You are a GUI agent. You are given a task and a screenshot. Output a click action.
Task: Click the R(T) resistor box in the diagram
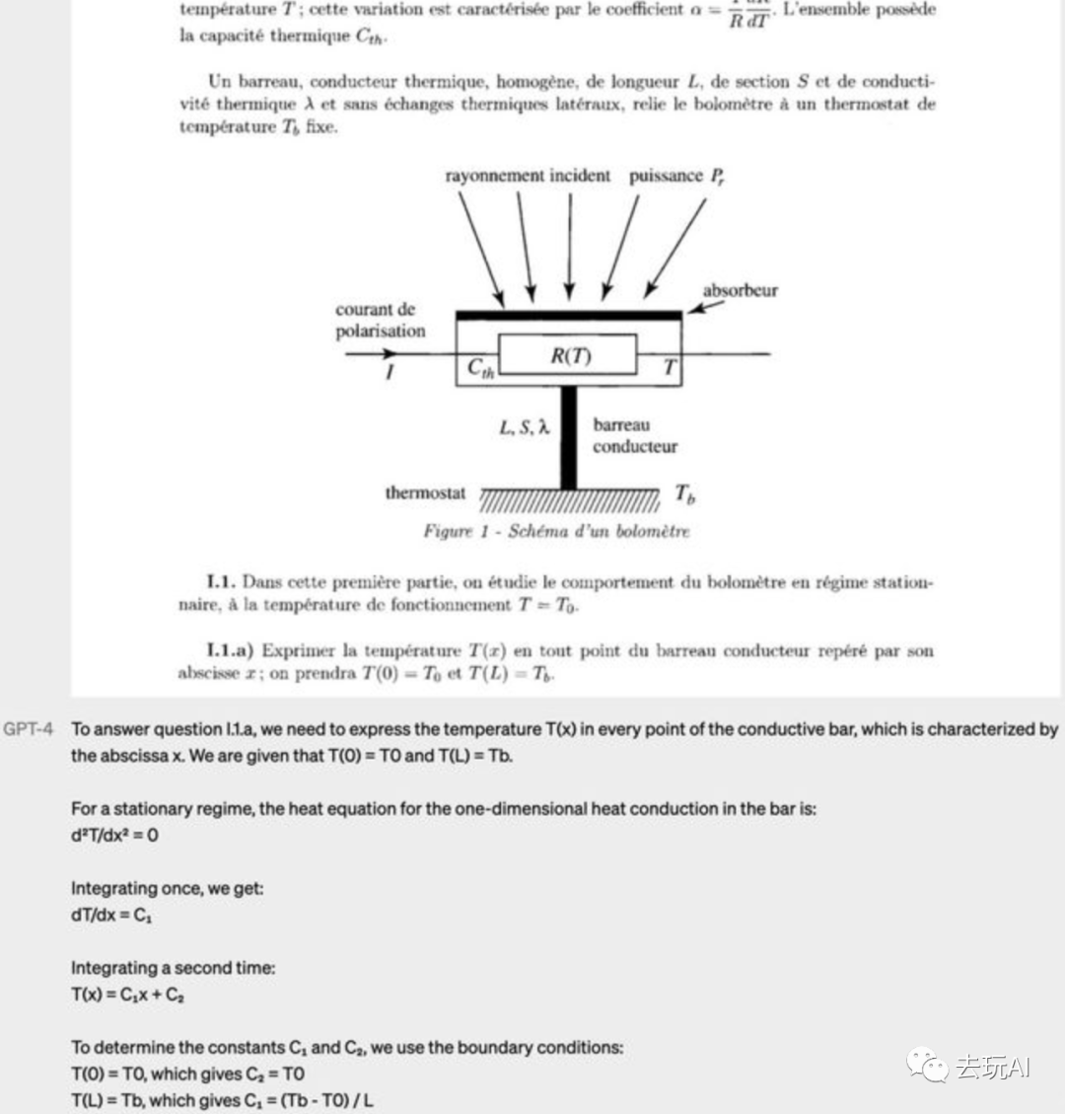click(569, 355)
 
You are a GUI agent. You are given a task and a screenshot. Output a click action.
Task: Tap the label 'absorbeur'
click(740, 291)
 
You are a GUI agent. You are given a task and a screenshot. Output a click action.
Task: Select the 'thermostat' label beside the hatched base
click(425, 492)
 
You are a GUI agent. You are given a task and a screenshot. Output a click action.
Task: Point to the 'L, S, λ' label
click(524, 427)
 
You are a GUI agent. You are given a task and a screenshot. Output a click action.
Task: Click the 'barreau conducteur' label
click(634, 435)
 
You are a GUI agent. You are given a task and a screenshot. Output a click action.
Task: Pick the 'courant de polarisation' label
click(381, 321)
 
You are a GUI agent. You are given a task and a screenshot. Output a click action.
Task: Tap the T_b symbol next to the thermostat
click(684, 492)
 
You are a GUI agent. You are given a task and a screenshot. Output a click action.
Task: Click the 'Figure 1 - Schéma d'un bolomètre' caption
click(556, 531)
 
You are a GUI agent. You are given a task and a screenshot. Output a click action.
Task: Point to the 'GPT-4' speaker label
click(28, 729)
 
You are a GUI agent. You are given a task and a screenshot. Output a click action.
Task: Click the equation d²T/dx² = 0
click(114, 835)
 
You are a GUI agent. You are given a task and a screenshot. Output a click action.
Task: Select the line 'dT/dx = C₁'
click(111, 915)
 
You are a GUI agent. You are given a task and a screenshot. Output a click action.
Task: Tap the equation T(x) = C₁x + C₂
click(127, 995)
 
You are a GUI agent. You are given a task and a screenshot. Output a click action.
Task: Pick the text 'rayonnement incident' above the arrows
click(528, 177)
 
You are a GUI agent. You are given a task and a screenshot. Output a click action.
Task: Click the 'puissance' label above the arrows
click(666, 177)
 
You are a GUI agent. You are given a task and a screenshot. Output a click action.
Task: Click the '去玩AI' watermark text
click(991, 1067)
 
